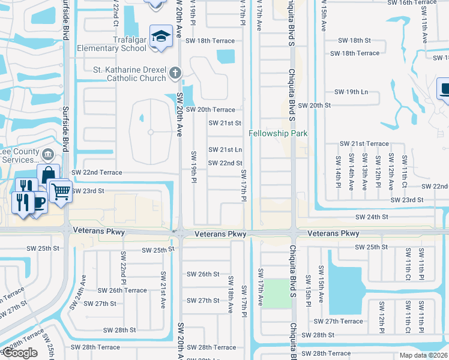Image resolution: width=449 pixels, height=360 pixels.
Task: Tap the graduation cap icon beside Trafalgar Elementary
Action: click(x=160, y=37)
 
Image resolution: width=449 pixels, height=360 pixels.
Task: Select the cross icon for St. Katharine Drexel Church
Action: click(x=175, y=73)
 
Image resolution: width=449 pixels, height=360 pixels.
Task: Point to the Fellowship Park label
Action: click(x=278, y=133)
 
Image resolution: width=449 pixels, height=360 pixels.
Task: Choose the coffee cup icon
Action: click(x=37, y=202)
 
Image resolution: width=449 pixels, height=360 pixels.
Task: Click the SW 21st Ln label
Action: click(x=225, y=149)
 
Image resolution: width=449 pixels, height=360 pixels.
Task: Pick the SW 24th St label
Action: click(x=372, y=217)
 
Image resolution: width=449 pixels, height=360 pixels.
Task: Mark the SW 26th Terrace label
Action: click(x=119, y=290)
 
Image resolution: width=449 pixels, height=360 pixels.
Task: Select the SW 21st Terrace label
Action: click(x=364, y=144)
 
